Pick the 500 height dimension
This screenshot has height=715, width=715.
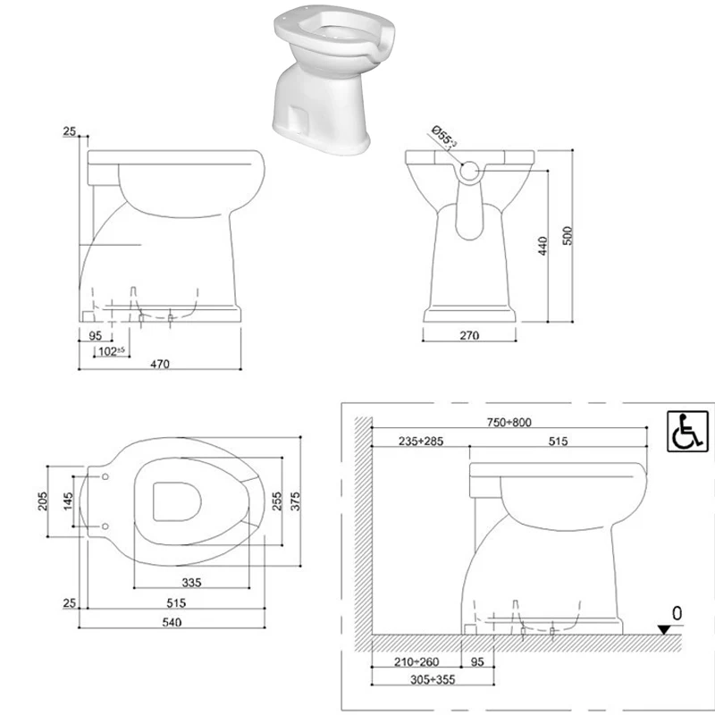[x=568, y=234]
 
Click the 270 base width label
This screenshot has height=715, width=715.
[x=470, y=336]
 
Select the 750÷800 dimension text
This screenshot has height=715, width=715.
[x=509, y=422]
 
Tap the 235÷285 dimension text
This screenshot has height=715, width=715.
[x=416, y=442]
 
